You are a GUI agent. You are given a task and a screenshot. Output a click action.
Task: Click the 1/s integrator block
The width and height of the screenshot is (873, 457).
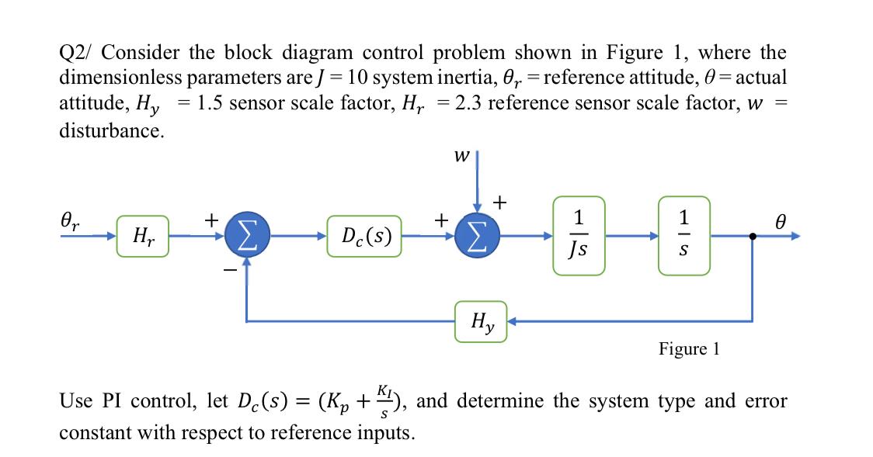684,235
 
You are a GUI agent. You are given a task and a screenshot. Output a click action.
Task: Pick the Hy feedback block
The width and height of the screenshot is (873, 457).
481,320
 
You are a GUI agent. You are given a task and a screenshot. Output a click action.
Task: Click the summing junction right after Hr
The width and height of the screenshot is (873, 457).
247,235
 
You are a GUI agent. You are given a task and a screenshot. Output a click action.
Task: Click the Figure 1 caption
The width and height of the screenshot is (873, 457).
689,349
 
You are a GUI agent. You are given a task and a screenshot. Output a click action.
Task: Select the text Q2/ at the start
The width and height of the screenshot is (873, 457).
76,54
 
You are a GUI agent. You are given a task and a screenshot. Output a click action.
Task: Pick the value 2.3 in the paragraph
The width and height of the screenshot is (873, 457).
466,103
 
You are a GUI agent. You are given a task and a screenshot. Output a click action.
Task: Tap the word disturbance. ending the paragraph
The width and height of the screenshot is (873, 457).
112,130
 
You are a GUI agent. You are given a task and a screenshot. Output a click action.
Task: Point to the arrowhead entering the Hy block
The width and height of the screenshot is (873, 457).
513,320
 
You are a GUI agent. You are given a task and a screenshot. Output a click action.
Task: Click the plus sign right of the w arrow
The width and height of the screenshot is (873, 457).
501,203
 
